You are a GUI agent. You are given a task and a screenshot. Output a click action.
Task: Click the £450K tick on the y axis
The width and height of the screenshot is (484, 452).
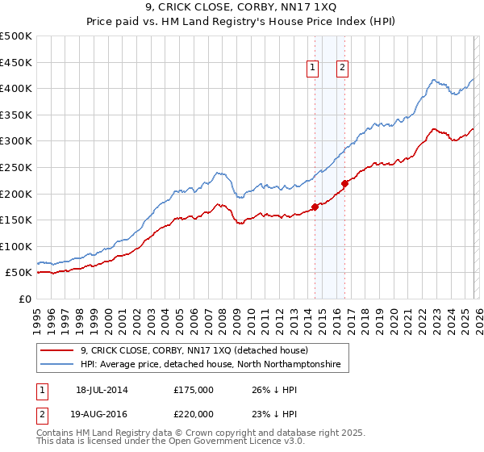tap(16, 62)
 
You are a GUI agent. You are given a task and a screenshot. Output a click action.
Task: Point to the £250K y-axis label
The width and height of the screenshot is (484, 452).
tap(16, 167)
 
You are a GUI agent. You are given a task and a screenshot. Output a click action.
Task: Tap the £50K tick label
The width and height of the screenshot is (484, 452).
tap(19, 273)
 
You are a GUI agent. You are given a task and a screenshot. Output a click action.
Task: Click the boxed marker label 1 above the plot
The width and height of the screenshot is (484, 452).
tap(313, 69)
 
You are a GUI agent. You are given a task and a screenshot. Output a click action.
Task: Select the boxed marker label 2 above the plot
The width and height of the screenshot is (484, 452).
tap(343, 69)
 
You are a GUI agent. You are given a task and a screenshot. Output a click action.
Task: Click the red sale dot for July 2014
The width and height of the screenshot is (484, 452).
tap(315, 206)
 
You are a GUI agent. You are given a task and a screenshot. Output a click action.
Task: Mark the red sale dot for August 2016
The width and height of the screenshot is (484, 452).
tap(344, 182)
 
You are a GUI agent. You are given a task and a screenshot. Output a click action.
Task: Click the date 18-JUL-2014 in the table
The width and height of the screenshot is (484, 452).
tap(102, 390)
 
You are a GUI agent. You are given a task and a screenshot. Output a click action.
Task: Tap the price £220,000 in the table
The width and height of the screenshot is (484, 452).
tap(194, 412)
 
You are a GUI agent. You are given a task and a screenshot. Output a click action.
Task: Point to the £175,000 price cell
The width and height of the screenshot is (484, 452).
tap(194, 390)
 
